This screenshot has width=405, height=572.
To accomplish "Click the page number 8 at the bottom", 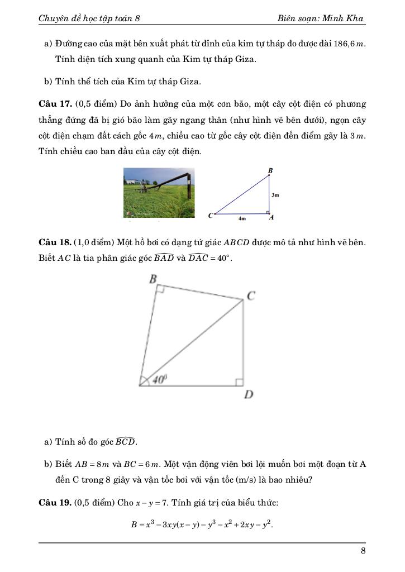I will (x=363, y=552).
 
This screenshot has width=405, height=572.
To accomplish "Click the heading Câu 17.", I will (x=54, y=104).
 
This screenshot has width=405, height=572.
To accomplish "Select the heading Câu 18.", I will (x=54, y=242).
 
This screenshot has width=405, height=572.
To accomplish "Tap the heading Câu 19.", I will (x=54, y=503).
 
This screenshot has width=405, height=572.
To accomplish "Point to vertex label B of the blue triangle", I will (x=270, y=170).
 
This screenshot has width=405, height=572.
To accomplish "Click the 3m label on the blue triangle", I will (x=275, y=196).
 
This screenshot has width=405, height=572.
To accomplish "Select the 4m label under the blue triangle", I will (x=242, y=220).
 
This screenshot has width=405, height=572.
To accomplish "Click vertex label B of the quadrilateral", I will (x=152, y=279).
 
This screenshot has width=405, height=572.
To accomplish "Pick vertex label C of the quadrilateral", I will (x=251, y=296).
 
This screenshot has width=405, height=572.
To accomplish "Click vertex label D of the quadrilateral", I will (x=249, y=395).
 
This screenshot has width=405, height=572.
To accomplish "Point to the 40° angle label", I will (x=160, y=379).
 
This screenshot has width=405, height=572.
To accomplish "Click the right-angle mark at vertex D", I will (x=239, y=382).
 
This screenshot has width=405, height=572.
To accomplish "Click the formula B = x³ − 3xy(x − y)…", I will (x=201, y=525).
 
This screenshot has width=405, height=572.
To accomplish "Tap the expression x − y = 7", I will (x=152, y=503).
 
